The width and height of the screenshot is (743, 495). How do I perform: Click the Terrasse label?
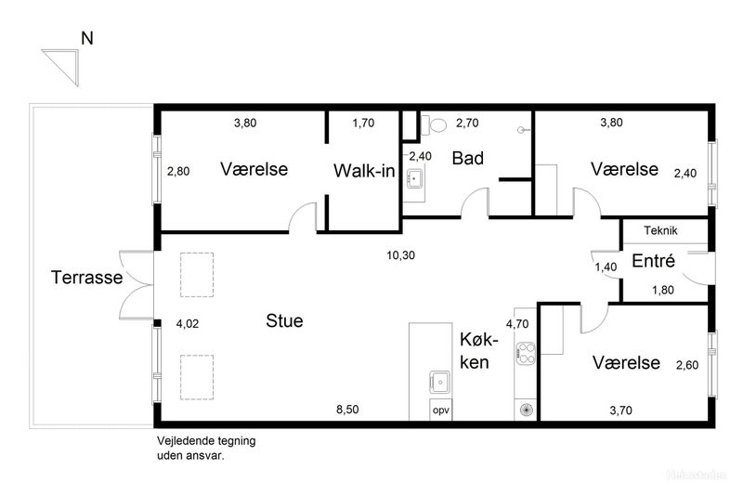[x=86, y=278]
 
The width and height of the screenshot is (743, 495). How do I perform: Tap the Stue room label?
[x=284, y=320]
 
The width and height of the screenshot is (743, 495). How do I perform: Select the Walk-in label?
[x=364, y=171]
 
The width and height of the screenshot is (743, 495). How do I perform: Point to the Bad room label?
[x=468, y=158]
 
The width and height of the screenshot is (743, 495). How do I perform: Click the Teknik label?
[x=660, y=230]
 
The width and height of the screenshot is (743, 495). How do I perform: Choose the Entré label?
[x=654, y=261]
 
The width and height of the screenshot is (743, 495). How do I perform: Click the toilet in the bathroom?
[x=434, y=125]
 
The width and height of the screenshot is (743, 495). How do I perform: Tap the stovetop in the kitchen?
[x=526, y=353]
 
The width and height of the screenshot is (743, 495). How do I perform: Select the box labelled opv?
[x=440, y=410]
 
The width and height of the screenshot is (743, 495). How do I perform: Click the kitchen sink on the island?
[x=440, y=382]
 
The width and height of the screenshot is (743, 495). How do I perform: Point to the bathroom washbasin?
[x=415, y=178]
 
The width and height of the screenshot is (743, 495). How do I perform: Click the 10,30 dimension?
[x=401, y=255]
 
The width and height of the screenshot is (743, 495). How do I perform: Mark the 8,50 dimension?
[x=347, y=410]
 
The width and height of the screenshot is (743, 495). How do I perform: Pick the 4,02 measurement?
[x=188, y=324]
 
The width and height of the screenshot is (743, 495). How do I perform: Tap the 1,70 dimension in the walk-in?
[x=363, y=124]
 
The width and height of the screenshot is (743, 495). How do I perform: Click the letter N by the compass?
[x=87, y=38]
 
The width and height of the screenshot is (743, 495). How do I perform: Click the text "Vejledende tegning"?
[x=206, y=441]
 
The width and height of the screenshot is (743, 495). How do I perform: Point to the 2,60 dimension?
[x=687, y=365]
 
